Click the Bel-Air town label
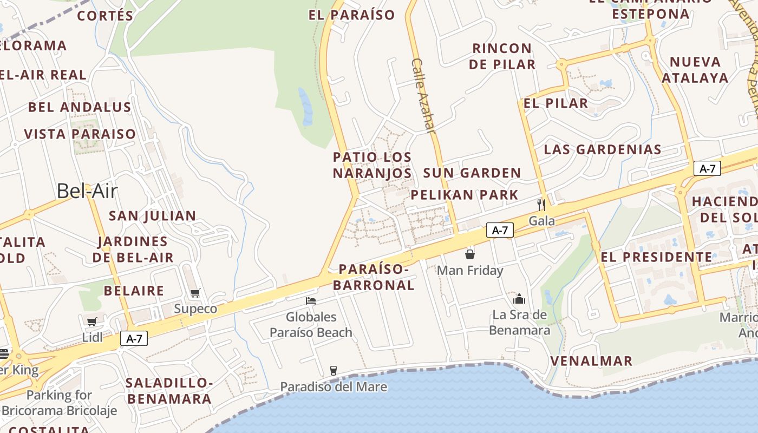[x=87, y=191]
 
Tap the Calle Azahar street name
[x=423, y=95]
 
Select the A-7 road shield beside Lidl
[x=134, y=339]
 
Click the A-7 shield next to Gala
[x=499, y=230]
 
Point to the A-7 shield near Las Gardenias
[x=707, y=169]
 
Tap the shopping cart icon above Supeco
[x=195, y=293]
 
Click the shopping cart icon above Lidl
[x=92, y=322]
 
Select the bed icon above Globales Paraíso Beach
[x=311, y=301]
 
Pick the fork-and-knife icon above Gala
[x=541, y=205]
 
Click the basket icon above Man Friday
[x=470, y=254]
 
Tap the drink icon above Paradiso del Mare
[x=334, y=371]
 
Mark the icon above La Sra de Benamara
[x=519, y=299]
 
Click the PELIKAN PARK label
[x=465, y=195]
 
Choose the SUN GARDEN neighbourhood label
[x=472, y=173]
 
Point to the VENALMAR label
[x=591, y=361]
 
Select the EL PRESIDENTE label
[x=656, y=257]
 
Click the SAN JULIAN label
[x=153, y=216]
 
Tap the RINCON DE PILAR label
[x=502, y=56]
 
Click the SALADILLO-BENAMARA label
[x=169, y=391]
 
